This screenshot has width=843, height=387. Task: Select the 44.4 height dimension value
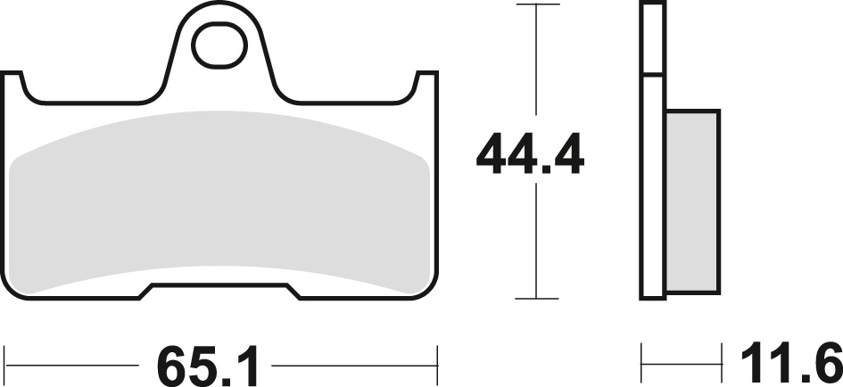tap(530, 157)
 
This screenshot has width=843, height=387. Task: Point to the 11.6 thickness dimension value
tap(786, 364)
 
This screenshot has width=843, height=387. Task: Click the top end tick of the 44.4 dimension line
tap(535, 5)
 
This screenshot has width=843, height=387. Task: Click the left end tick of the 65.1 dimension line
tap(6, 365)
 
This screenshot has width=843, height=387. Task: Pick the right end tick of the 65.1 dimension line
tap(437, 365)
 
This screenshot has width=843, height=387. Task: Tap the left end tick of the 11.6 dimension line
tap(642, 365)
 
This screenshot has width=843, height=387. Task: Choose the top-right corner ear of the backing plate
tap(428, 85)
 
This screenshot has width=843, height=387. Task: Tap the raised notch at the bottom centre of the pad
tap(221, 290)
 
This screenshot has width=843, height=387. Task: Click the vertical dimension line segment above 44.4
tap(535, 67)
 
